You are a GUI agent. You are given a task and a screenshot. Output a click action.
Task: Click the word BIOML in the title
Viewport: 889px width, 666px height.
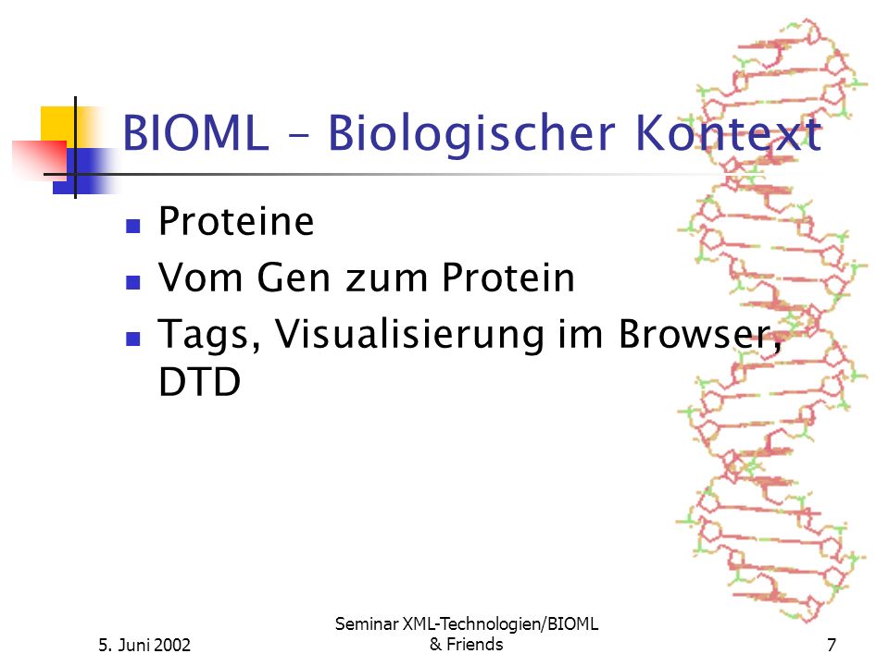click(x=195, y=132)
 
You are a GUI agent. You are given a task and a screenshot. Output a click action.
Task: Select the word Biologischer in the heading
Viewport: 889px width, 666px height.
click(x=471, y=133)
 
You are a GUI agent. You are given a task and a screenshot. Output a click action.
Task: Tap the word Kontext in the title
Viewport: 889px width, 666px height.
click(x=729, y=132)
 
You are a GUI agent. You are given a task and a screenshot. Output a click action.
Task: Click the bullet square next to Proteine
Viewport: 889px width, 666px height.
click(x=133, y=226)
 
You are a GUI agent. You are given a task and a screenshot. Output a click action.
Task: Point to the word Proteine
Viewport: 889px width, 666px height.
click(x=236, y=220)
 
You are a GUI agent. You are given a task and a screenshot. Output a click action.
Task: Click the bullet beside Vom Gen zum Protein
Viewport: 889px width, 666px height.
click(x=133, y=282)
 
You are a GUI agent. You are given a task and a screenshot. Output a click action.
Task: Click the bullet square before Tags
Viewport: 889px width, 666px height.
click(x=133, y=339)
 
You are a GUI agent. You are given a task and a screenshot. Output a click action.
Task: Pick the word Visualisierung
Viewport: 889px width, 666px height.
click(x=410, y=335)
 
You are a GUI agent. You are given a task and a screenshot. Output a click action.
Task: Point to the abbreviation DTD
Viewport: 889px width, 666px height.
click(x=200, y=382)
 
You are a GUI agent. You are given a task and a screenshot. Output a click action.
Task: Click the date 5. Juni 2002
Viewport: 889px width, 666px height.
click(x=144, y=645)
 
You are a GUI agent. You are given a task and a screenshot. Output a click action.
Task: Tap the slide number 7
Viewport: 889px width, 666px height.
click(x=832, y=645)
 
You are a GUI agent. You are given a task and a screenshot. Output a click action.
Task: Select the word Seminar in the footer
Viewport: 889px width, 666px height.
click(x=367, y=623)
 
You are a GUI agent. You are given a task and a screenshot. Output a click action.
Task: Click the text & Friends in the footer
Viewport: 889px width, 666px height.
click(x=466, y=644)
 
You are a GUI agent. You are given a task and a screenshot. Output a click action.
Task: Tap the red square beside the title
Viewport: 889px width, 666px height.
click(x=40, y=160)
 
